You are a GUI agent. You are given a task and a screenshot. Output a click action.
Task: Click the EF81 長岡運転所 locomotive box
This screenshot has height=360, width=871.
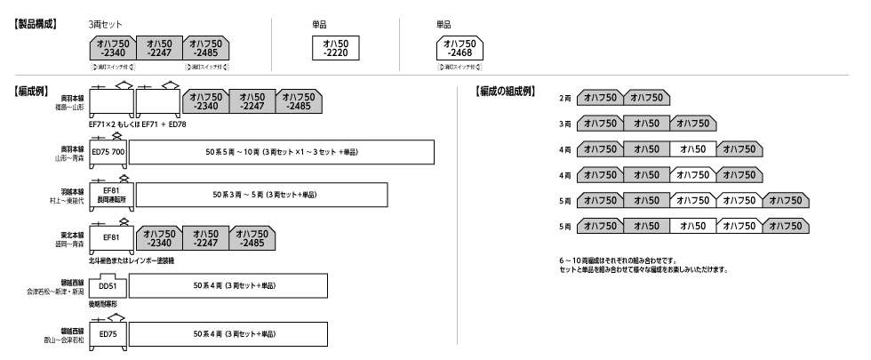click(x=111, y=195)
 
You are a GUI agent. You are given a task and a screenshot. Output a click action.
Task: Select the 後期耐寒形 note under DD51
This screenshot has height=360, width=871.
click(x=106, y=304)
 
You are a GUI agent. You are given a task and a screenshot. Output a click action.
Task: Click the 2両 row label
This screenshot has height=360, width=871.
click(x=564, y=98)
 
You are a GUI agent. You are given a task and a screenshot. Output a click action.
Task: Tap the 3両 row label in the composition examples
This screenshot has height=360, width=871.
click(x=564, y=124)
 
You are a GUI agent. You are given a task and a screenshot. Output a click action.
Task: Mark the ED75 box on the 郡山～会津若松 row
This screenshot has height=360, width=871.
click(x=108, y=333)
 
